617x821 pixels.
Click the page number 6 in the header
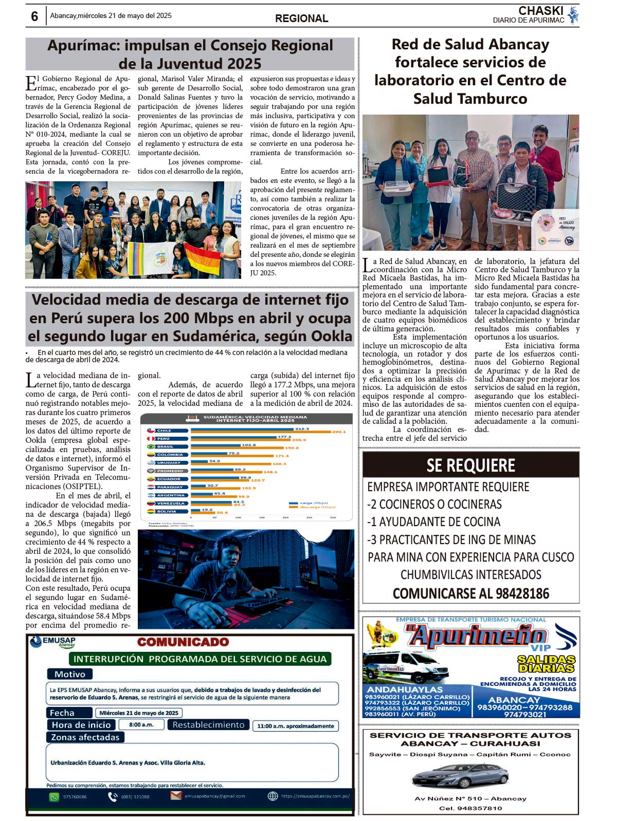34,16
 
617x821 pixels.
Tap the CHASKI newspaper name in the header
540,11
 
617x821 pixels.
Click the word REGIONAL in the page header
301,18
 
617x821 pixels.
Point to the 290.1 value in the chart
339,432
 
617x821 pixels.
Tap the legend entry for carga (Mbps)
314,503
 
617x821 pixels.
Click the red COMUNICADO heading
183,642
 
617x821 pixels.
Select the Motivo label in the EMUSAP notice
70,674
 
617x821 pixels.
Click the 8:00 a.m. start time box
141,724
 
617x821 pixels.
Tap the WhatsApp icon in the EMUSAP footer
54,797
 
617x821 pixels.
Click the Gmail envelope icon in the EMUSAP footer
176,796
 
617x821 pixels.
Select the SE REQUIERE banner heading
470,465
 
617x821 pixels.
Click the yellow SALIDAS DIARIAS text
546,664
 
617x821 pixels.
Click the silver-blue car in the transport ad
460,775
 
